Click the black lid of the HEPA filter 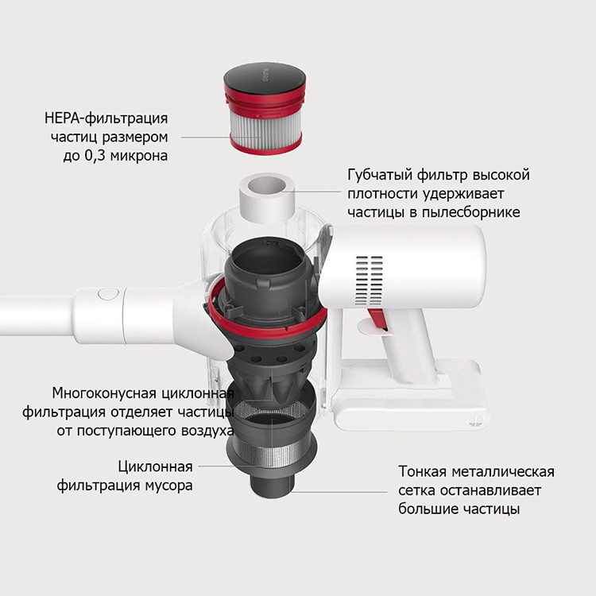point(265,79)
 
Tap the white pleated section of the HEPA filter point(265,127)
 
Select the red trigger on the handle point(377,319)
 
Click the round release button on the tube point(108,295)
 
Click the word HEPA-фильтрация point(106,118)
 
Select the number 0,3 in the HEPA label point(92,156)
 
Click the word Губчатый point(379,176)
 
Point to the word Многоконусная point(104,393)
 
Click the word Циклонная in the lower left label point(155,466)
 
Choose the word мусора point(167,486)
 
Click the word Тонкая point(422,472)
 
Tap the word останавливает point(490,490)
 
